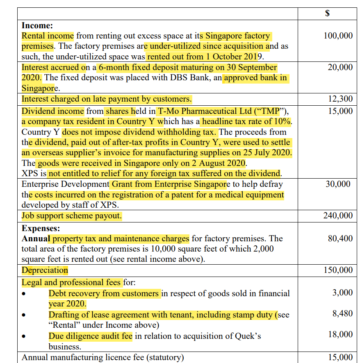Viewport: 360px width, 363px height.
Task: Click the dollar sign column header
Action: (327, 13)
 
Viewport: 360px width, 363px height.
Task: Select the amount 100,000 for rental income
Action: (338, 36)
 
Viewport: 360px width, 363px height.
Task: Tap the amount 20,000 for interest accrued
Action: (340, 67)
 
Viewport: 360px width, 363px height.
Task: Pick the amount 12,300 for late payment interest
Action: (340, 99)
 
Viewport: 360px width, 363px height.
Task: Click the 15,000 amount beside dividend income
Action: (340, 111)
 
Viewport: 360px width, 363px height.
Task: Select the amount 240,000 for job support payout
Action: (338, 216)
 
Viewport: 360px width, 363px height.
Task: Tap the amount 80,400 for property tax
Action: (340, 238)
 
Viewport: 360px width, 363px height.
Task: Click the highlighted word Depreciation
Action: (45, 270)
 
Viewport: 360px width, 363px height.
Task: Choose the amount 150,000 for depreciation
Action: (338, 270)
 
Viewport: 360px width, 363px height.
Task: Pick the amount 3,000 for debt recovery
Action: (342, 293)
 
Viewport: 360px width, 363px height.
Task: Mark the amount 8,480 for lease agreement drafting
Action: (342, 314)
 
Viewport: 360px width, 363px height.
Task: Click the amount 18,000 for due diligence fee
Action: (340, 335)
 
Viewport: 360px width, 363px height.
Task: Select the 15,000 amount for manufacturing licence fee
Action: (340, 357)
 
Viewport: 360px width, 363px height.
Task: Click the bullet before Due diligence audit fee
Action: (25, 337)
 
